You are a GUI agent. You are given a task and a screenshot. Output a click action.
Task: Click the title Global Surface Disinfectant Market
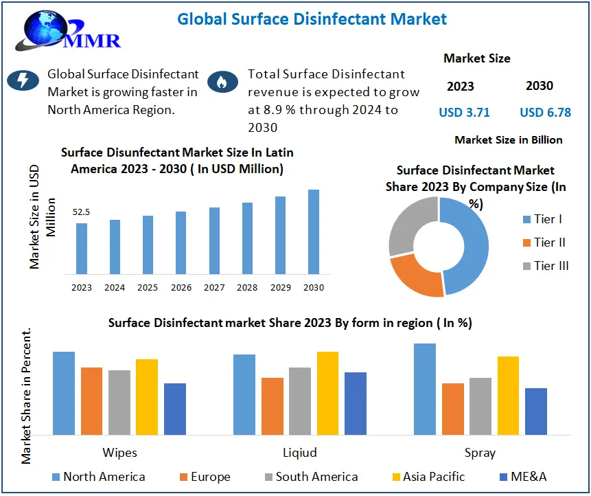312,19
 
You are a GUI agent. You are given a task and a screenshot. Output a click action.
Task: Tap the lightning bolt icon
23,81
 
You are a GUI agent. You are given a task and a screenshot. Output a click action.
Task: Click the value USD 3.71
465,113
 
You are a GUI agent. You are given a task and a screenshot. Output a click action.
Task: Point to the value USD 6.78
545,113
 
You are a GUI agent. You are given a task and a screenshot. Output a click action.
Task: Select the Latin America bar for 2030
314,231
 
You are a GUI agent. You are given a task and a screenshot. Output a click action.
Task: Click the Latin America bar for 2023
82,248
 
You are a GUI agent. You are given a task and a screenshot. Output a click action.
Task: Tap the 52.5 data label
82,212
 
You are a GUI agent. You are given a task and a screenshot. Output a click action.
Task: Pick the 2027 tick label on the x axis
214,288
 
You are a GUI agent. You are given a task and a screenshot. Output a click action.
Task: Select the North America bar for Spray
425,389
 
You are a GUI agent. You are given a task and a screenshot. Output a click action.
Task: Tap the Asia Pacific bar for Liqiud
327,393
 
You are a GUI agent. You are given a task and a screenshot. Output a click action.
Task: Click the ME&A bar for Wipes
175,409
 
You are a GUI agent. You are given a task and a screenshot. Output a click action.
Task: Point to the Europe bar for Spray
452,409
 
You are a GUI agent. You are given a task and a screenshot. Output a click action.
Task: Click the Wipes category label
119,452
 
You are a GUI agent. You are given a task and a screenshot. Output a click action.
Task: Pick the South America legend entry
310,477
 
